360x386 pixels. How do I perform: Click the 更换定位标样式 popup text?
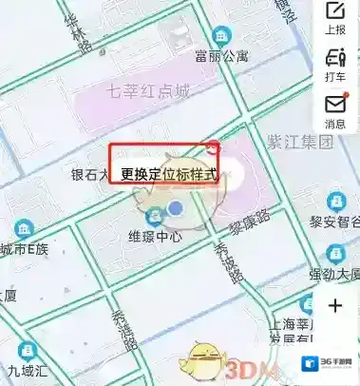pyautogui.click(x=168, y=175)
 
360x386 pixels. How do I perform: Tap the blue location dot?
pyautogui.click(x=175, y=207)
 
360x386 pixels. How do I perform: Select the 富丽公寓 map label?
pyautogui.click(x=220, y=55)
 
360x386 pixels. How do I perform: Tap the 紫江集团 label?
pyautogui.click(x=299, y=143)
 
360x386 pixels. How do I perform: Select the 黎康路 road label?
pyautogui.click(x=248, y=222)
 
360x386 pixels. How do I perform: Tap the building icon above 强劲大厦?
pyautogui.click(x=336, y=254)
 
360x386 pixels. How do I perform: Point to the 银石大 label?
pyautogui.click(x=90, y=175)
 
